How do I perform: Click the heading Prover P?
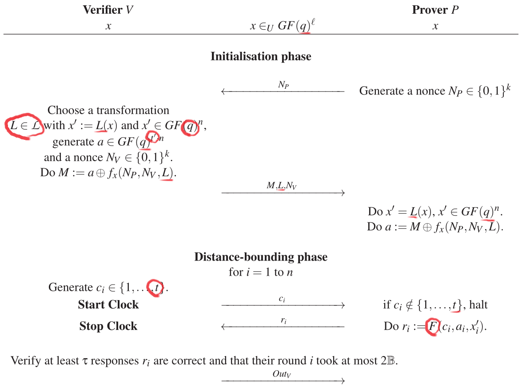(x=435, y=10)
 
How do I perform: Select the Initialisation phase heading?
(x=261, y=56)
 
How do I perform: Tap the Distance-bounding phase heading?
(x=261, y=257)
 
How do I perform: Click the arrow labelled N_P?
(x=283, y=91)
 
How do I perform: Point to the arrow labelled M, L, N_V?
(x=283, y=192)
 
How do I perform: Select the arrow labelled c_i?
(x=283, y=305)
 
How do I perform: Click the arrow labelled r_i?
(x=283, y=327)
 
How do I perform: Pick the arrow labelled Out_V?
(x=283, y=380)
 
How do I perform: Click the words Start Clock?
(x=108, y=305)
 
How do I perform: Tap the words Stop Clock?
(x=108, y=326)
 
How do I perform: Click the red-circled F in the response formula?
(x=431, y=327)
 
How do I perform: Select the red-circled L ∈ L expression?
(x=25, y=125)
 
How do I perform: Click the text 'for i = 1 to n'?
(x=261, y=272)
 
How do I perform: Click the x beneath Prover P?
(x=435, y=26)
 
